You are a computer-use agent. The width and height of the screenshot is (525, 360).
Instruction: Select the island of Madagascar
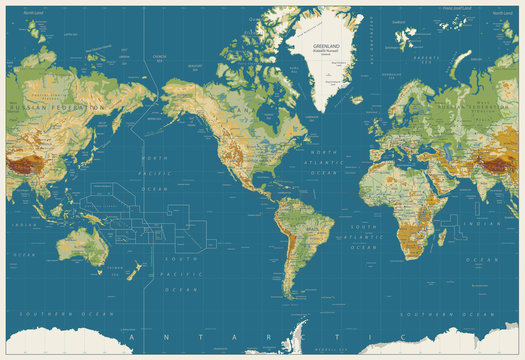(x=441, y=237)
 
